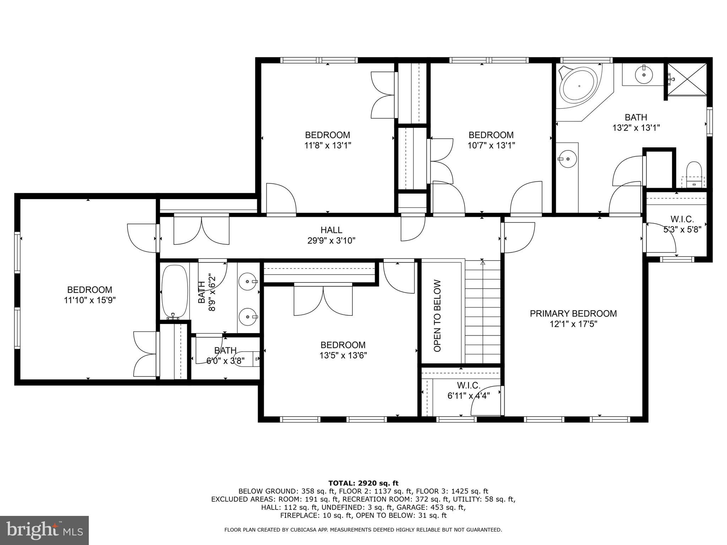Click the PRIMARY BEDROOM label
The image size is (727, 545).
(x=573, y=314)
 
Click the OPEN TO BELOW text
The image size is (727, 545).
(x=437, y=316)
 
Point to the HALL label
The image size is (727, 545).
(x=331, y=230)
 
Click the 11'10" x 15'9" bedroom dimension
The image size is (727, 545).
(x=90, y=301)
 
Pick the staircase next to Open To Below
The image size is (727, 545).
(x=482, y=312)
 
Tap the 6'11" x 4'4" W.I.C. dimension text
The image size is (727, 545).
(x=468, y=396)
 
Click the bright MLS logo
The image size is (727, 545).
(x=44, y=530)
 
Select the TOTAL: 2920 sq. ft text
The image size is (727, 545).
(x=363, y=483)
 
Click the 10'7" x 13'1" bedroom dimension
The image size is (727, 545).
(x=491, y=145)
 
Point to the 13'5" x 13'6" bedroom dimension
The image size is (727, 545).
(x=343, y=355)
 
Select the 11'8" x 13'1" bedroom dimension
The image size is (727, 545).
(x=327, y=145)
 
